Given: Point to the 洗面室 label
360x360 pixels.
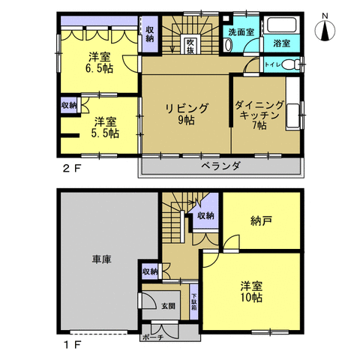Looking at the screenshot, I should (x=241, y=32).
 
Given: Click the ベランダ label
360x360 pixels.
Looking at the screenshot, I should (x=220, y=166).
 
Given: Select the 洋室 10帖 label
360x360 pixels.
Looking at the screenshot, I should (x=251, y=291).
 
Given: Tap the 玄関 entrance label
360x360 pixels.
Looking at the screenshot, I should (x=167, y=306).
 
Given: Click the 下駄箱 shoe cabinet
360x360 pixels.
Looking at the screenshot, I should (x=193, y=303).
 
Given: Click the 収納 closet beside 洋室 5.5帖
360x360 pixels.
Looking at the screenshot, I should (x=68, y=105).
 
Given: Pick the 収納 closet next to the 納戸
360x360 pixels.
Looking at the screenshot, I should (x=205, y=216).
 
